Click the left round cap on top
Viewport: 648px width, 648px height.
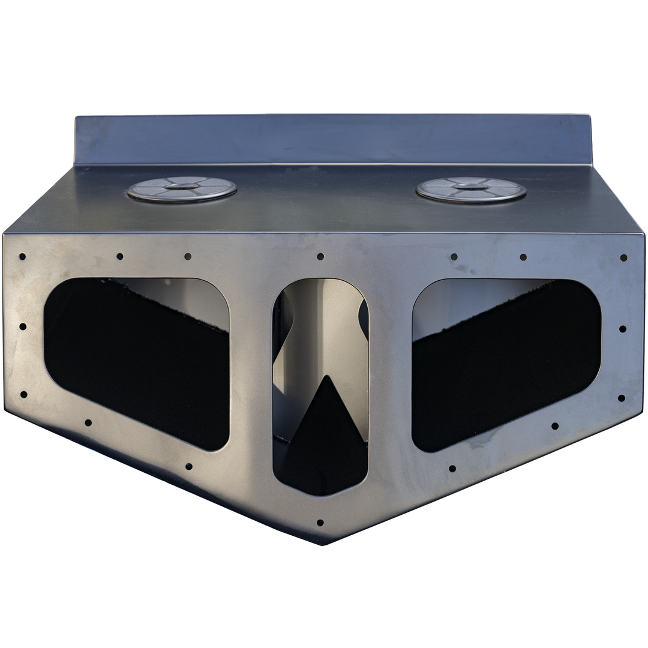coord(182,189)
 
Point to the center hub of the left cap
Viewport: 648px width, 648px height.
coord(182,187)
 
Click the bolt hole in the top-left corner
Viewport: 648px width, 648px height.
coord(22,257)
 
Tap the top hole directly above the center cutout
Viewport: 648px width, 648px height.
coord(320,256)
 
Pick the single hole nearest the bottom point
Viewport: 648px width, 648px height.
coord(320,523)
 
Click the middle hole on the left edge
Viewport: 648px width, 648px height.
coord(23,327)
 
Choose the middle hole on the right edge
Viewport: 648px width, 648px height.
coord(622,329)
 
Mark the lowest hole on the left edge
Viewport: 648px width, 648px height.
coord(23,395)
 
